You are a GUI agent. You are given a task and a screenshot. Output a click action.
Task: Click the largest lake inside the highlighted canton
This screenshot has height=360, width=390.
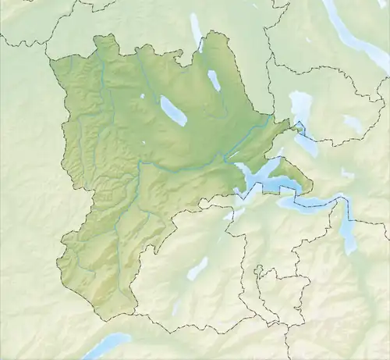click(x=174, y=111)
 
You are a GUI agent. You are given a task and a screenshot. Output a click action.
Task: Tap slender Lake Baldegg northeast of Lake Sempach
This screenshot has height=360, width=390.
click(x=214, y=80)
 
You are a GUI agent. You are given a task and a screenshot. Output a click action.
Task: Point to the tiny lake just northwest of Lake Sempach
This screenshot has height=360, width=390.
click(x=143, y=97)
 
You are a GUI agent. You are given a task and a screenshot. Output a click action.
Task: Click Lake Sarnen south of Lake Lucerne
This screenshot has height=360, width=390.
click(x=197, y=269)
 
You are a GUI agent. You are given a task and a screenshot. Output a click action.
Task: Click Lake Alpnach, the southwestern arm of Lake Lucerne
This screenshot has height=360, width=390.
click(x=234, y=212)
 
